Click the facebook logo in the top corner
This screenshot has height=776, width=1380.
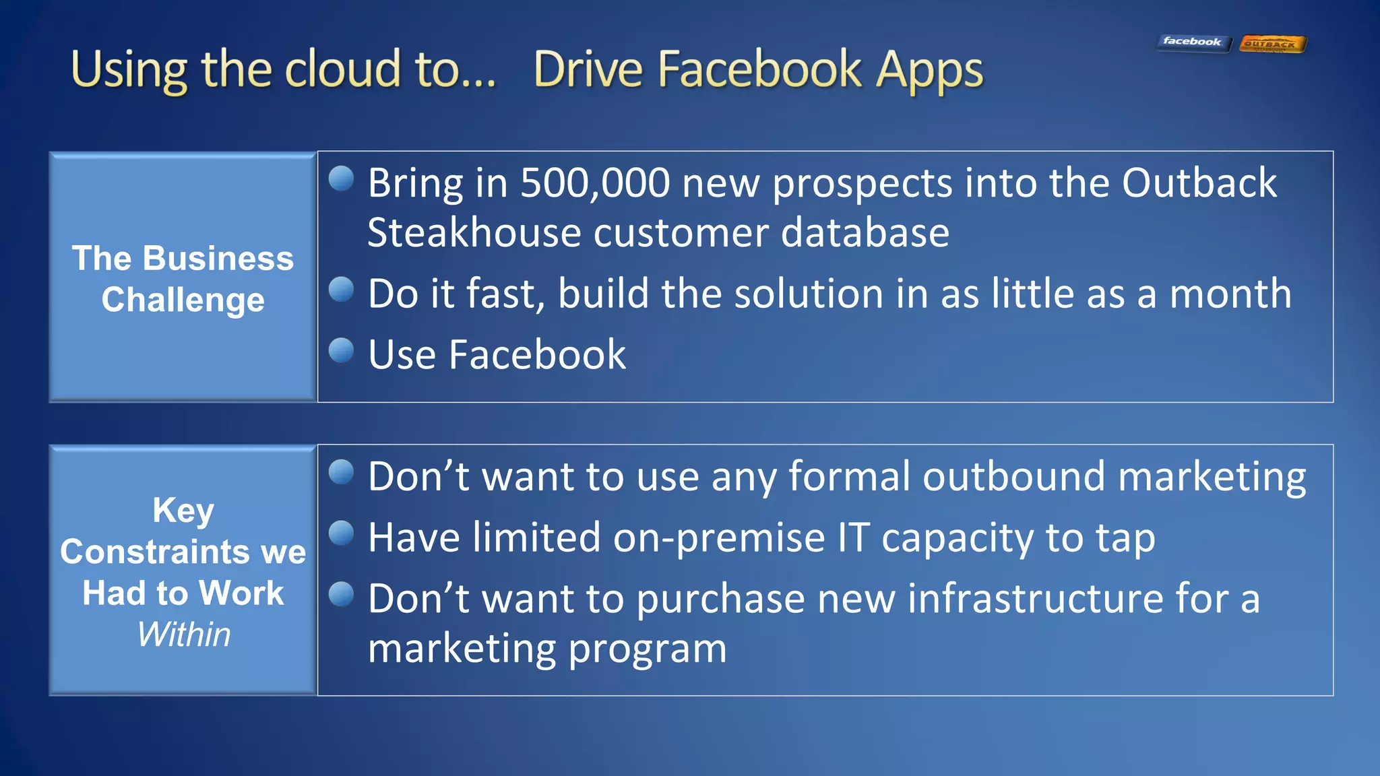(1193, 42)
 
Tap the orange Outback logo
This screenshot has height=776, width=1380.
(1272, 44)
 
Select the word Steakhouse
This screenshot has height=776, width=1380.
(474, 233)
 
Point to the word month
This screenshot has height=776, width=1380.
(1230, 294)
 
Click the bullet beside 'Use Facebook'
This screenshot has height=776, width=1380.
(342, 350)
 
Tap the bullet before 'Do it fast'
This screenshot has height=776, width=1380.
(342, 290)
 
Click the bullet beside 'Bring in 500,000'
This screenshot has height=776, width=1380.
(342, 179)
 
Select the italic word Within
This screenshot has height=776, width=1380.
(183, 635)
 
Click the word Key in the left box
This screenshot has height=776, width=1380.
(183, 510)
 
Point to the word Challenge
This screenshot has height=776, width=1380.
(183, 300)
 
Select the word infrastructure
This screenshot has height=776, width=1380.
(1035, 599)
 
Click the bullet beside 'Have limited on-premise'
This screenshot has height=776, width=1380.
(342, 533)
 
